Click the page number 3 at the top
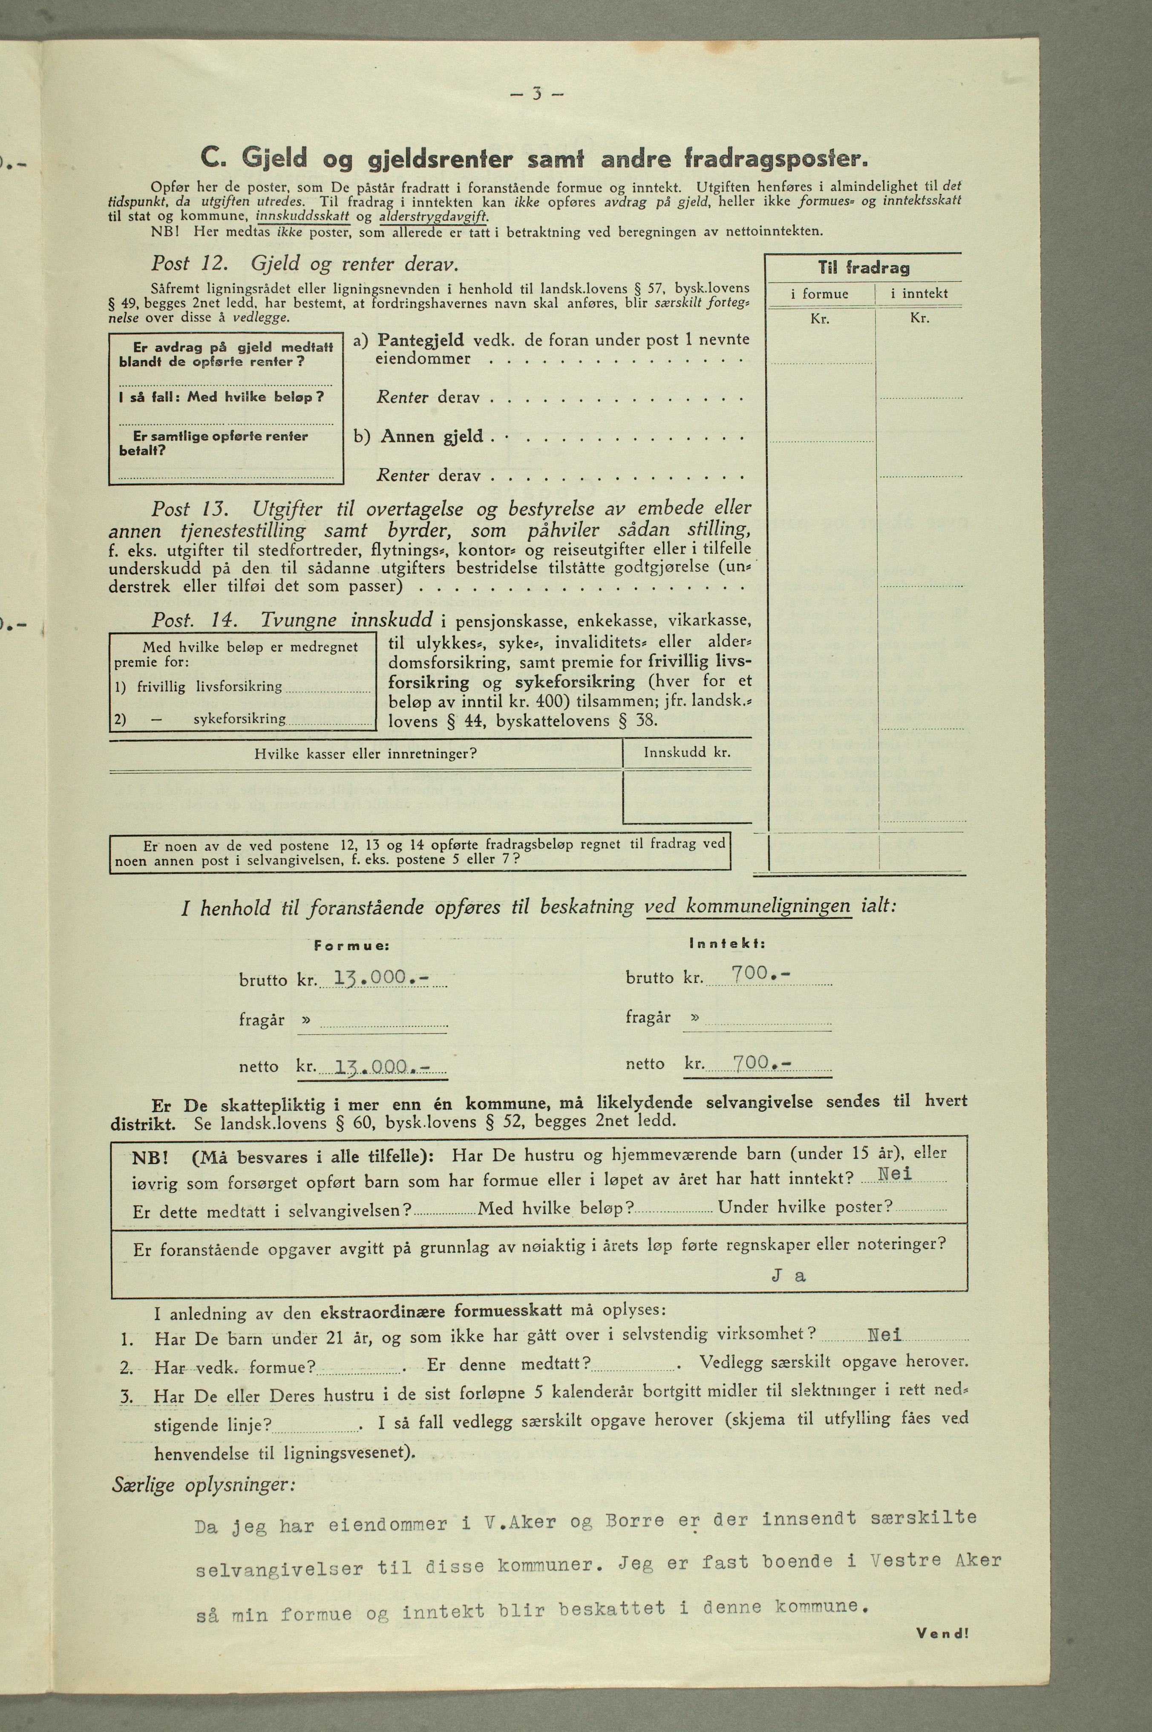(x=537, y=94)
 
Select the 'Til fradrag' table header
(x=863, y=268)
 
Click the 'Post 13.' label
(x=191, y=508)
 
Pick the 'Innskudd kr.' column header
(x=686, y=753)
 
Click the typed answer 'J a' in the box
(x=788, y=1276)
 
